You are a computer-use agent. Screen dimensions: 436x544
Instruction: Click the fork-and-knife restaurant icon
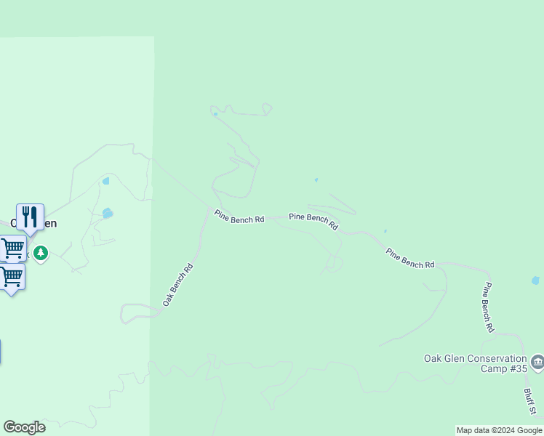[x=30, y=217]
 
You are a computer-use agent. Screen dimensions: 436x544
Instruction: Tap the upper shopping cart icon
[x=12, y=249]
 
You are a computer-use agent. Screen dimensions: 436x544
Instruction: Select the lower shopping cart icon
[x=12, y=276]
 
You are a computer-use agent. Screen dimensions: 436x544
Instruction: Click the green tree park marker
[x=41, y=253]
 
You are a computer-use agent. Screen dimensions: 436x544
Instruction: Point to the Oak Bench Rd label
[x=177, y=284]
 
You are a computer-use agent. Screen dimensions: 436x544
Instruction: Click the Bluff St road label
[x=530, y=402]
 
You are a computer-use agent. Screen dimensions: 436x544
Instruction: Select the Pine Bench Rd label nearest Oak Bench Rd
[x=239, y=217]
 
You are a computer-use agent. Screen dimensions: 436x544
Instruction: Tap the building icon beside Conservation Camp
[x=537, y=362]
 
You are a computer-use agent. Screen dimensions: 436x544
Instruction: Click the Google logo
[x=24, y=427]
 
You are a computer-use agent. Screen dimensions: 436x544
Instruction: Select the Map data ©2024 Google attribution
[x=500, y=430]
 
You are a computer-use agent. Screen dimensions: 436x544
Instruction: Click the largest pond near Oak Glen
[x=108, y=213]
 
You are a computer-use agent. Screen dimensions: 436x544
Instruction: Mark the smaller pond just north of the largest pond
[x=106, y=181]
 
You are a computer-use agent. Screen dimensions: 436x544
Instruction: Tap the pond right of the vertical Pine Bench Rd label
[x=536, y=280]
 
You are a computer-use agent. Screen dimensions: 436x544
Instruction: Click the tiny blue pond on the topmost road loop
[x=215, y=113]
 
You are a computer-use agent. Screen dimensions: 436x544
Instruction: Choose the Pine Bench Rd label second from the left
[x=313, y=221]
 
